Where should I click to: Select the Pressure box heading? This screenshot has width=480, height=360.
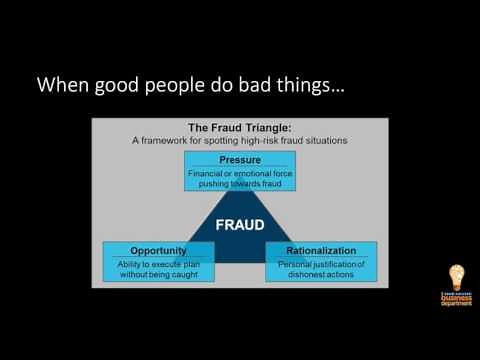coord(239,160)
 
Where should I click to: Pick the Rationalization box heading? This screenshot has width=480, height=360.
coord(321,249)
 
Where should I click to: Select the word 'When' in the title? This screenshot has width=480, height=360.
coord(61,86)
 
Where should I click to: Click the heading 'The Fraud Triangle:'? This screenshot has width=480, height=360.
coord(239,127)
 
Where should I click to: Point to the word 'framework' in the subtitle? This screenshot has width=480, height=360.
coord(174,140)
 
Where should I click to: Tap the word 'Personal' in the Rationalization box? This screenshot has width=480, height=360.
coord(292,263)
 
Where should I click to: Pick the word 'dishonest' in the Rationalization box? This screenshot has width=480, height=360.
coord(299,274)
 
